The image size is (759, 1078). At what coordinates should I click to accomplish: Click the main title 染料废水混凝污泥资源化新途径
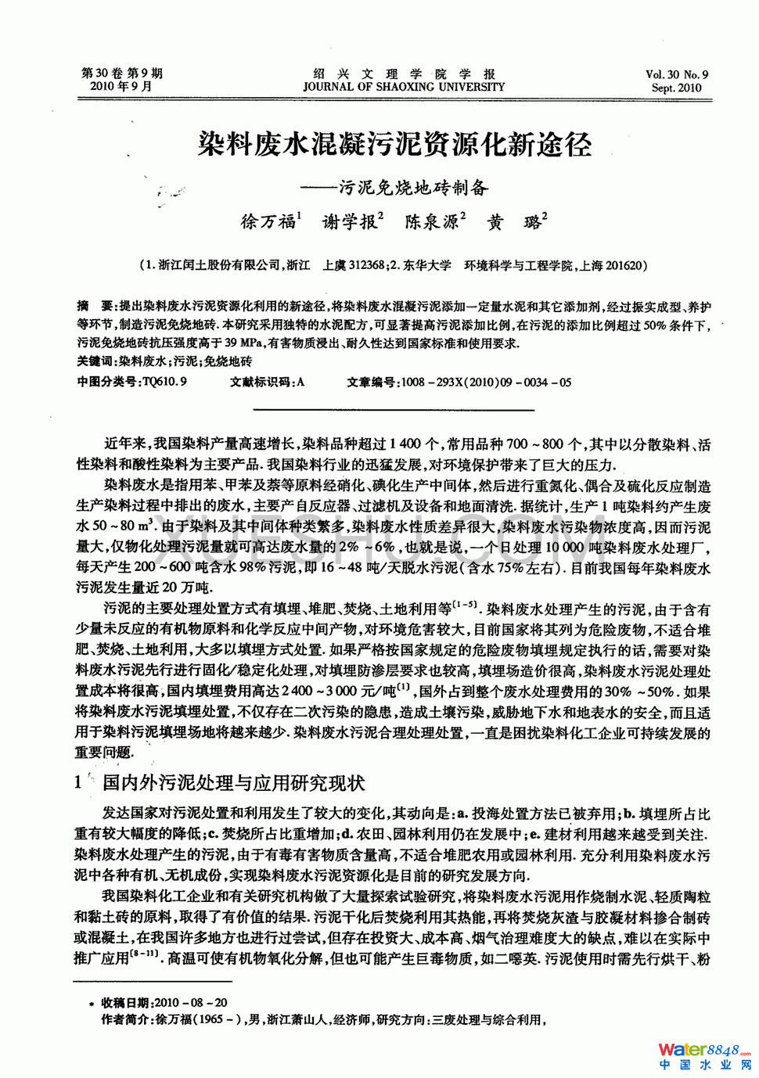click(394, 145)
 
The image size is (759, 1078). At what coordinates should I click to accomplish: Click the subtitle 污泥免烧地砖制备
click(413, 188)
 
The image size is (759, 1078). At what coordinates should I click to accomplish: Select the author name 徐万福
click(268, 222)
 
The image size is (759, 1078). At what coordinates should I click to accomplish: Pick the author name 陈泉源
click(431, 222)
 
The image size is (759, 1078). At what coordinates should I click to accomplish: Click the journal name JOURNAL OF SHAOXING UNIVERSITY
click(404, 87)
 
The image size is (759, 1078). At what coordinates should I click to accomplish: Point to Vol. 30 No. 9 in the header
click(677, 75)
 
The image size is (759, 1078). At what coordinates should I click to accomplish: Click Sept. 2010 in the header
click(677, 88)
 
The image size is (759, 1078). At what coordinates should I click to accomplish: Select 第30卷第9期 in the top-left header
click(122, 74)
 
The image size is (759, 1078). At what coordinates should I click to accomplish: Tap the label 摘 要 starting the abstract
click(94, 307)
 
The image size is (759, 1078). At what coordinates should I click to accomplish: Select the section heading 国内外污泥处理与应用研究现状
click(233, 782)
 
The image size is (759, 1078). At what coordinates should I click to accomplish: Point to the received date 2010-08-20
click(192, 1002)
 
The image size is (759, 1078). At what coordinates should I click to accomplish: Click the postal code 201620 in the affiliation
click(622, 265)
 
